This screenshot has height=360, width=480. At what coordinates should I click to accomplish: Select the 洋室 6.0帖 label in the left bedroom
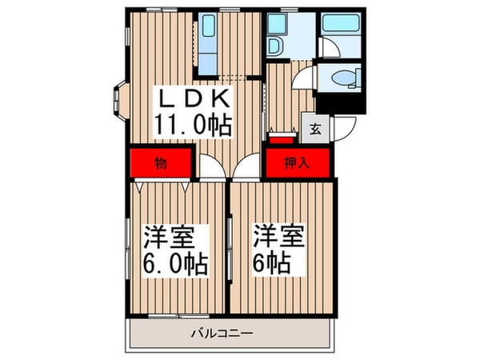[175, 250]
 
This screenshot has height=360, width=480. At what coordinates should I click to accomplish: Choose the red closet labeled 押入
[296, 164]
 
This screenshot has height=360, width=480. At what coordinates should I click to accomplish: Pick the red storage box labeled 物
[159, 164]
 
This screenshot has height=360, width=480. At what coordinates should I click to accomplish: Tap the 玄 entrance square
[314, 126]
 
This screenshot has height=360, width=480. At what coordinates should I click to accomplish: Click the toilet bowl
[342, 78]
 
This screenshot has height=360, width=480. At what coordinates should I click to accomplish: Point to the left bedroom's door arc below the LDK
[210, 170]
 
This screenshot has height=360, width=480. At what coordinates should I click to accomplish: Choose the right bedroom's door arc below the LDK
[248, 170]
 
